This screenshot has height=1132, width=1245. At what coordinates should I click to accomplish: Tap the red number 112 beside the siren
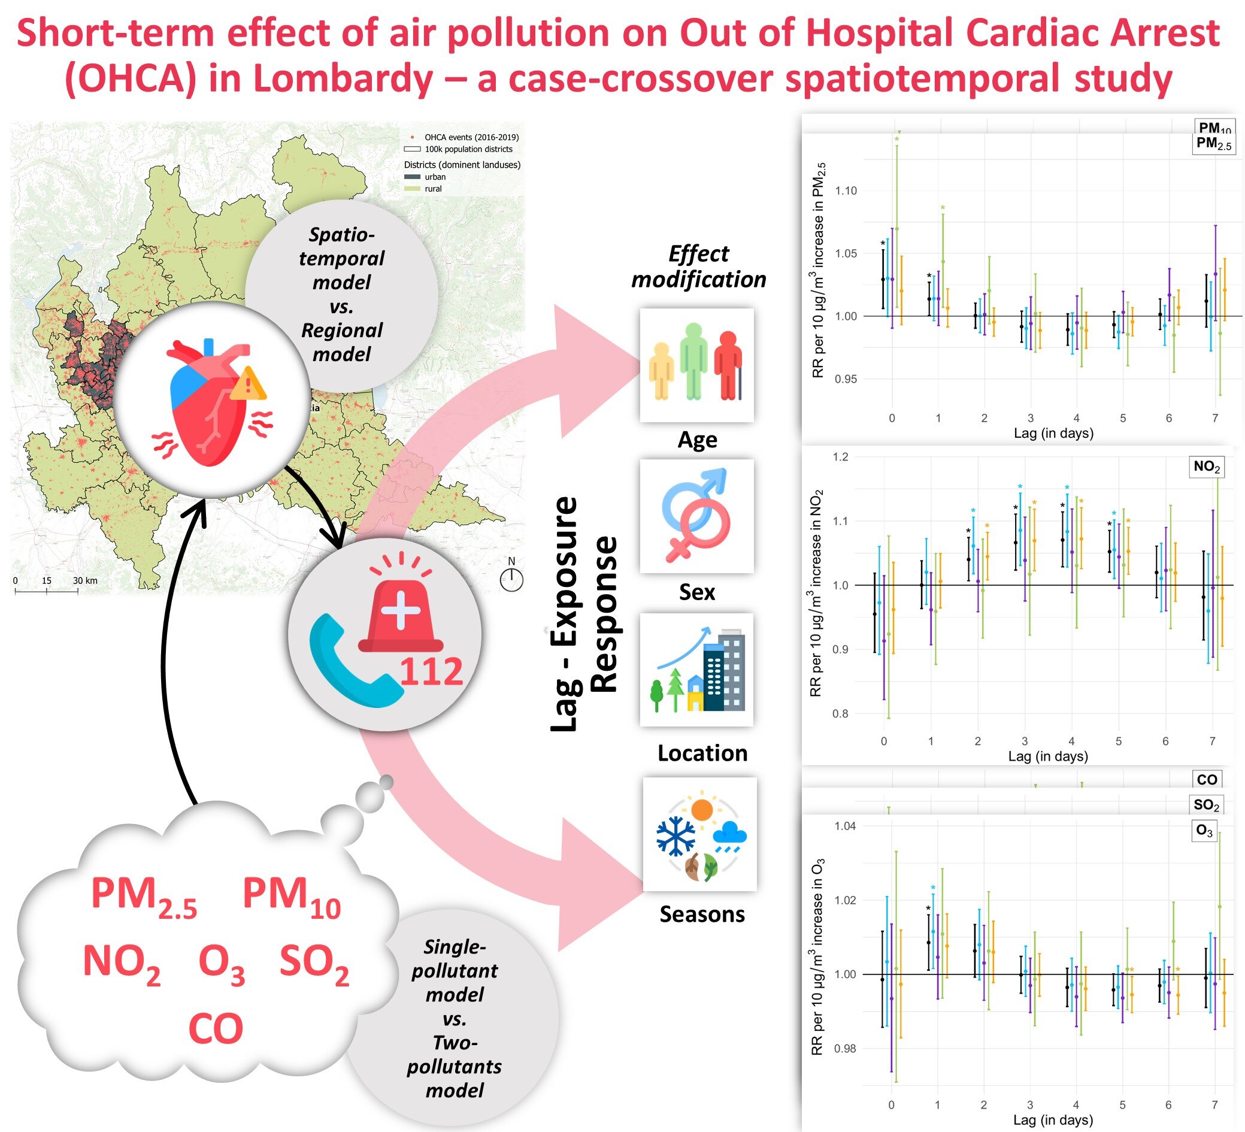pos(431,672)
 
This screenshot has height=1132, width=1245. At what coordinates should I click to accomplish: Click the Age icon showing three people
pos(696,365)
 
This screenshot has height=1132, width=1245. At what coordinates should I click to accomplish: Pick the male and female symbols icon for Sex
pos(696,516)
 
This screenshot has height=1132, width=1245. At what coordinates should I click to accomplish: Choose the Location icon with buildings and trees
pos(696,670)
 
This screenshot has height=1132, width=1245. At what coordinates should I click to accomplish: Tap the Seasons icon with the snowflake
pos(699,834)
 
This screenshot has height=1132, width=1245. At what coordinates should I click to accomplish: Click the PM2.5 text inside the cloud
pos(143,897)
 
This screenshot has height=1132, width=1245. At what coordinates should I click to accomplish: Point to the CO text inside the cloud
pos(216,1029)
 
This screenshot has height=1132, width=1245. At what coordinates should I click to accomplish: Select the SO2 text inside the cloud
pos(314,964)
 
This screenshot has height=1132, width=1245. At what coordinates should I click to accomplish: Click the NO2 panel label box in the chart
pos(1206,467)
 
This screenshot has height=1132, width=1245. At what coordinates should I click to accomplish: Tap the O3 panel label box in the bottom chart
pos(1204,831)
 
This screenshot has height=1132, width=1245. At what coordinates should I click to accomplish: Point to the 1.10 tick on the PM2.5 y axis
pos(846,191)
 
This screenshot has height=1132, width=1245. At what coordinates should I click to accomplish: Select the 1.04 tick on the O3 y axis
pos(846,827)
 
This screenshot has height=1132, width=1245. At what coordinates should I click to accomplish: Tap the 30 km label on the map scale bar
pos(85,580)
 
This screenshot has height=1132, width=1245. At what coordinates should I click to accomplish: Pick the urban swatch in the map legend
pos(412,177)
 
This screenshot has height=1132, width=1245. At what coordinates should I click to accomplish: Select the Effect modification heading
pos(698,266)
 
